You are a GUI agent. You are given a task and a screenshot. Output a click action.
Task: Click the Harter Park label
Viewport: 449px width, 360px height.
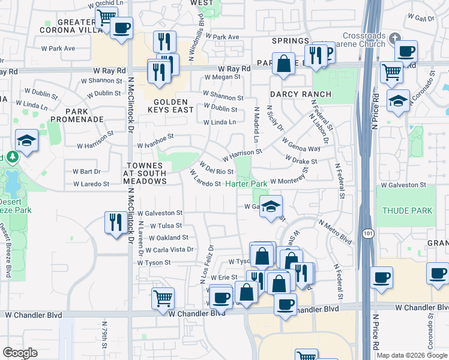246,184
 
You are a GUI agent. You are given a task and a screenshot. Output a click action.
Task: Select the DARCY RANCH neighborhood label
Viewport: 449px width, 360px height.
300,94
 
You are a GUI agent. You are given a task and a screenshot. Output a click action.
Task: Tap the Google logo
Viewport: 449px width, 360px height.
20,353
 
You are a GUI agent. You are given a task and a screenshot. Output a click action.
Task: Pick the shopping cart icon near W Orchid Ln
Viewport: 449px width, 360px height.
106,16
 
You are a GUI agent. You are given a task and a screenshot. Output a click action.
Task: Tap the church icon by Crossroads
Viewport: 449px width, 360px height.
394,38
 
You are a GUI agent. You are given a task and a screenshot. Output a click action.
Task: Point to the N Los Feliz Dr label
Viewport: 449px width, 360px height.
206,263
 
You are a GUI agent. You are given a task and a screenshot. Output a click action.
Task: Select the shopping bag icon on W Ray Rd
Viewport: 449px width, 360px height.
283,63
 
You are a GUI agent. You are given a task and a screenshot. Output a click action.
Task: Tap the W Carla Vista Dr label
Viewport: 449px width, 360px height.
166,249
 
